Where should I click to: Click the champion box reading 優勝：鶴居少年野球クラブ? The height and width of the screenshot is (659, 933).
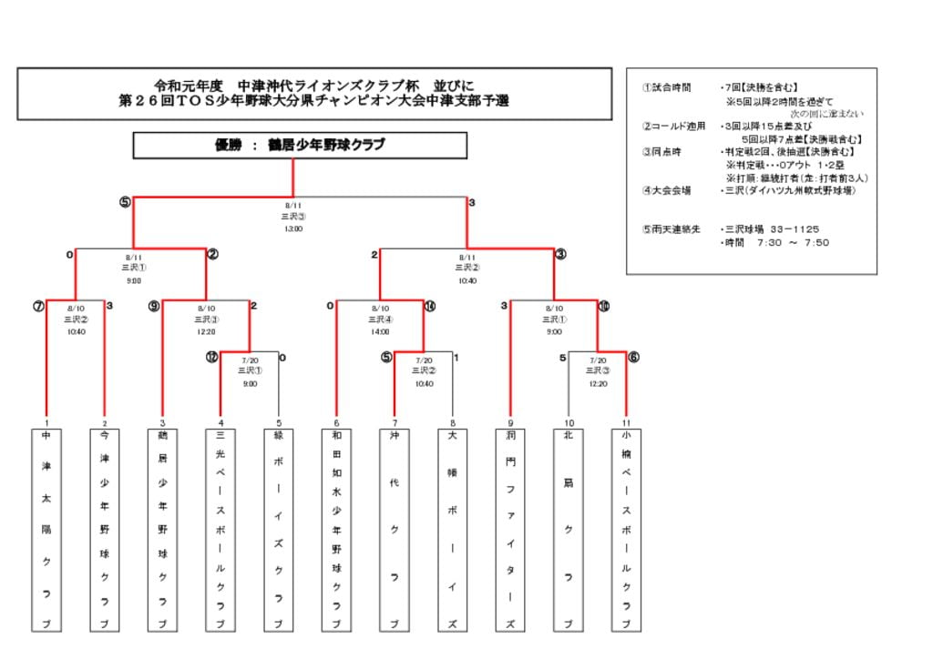click(300, 146)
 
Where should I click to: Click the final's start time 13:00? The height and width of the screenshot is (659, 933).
click(293, 228)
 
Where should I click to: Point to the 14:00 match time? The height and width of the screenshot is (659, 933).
click(381, 331)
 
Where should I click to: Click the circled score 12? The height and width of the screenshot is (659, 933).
click(211, 358)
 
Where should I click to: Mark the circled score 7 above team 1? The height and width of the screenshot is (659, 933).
click(38, 307)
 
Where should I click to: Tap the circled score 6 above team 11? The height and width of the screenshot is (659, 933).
click(633, 358)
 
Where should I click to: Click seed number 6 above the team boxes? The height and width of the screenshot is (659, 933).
click(336, 423)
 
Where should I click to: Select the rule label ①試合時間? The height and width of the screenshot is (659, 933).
click(667, 88)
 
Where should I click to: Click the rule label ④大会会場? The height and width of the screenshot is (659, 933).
click(667, 190)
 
